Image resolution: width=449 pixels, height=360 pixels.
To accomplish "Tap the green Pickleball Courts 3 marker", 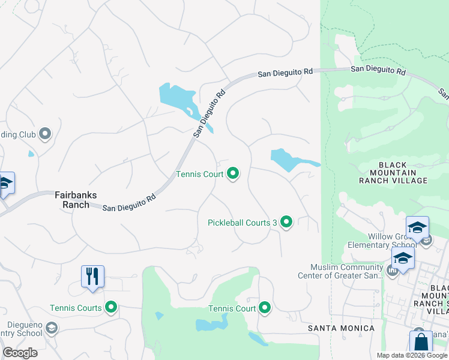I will pos(287,223).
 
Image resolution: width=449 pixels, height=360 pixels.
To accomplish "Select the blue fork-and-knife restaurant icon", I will pos(93,277).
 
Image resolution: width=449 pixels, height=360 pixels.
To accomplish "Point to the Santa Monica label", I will pos(341,328).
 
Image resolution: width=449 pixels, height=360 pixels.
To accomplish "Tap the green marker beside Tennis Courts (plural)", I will pos(110,308).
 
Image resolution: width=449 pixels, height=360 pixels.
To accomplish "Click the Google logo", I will pos(20,353).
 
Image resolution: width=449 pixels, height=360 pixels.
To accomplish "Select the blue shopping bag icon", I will pos(421,344).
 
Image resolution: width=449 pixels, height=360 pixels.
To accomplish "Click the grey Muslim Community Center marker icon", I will pos(393,271).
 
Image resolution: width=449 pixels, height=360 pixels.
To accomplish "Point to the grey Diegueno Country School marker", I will pos(52,328).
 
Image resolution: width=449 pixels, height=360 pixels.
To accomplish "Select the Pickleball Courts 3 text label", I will pos(242,223).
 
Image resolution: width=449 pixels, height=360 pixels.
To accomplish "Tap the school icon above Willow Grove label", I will pos(417,228).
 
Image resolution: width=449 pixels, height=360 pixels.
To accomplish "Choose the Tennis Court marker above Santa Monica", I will pos(265,308).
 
